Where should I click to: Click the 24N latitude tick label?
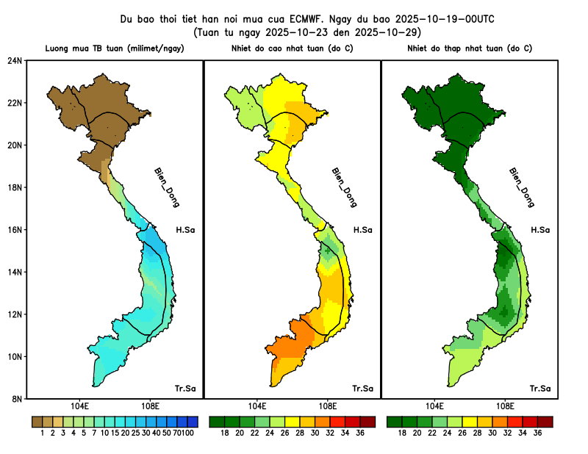[15, 60]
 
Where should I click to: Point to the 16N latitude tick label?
[15, 229]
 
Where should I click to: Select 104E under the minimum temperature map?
[434, 406]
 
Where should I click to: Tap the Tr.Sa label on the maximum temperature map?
[362, 388]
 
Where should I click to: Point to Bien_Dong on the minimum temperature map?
[521, 187]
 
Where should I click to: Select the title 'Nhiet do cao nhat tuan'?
[293, 48]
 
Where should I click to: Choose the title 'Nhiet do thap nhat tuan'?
[470, 48]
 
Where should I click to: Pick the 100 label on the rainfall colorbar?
[188, 433]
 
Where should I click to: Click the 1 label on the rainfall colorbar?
[43, 433]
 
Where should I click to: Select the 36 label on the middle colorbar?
[360, 433]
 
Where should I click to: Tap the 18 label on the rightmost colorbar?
[403, 433]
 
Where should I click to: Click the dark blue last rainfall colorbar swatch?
[193, 422]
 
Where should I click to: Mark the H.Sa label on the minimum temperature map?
[539, 230]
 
